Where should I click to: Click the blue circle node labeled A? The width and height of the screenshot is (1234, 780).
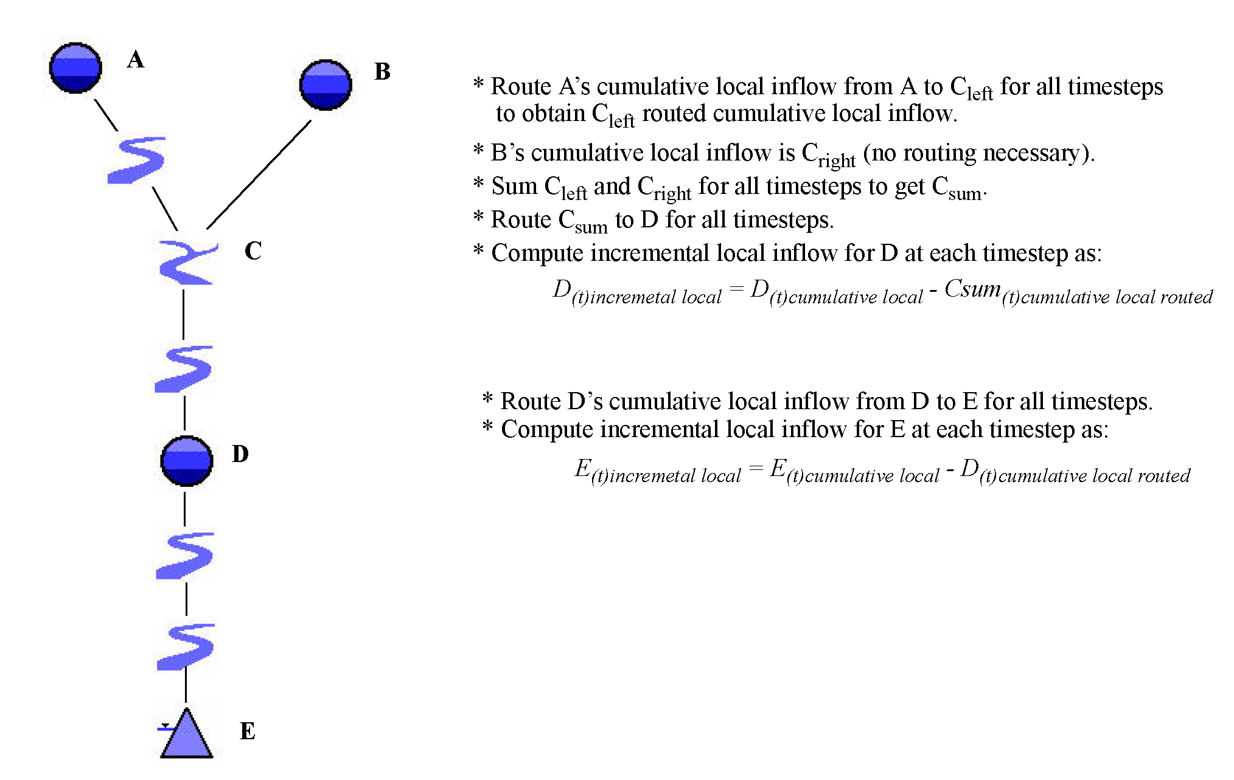[75, 68]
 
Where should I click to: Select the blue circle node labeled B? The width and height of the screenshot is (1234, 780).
[326, 85]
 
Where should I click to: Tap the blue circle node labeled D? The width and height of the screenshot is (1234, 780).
[187, 461]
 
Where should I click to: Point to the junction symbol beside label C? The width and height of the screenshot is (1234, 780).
[187, 263]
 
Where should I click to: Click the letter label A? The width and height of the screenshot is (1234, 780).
[136, 60]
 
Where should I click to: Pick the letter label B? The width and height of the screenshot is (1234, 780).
[382, 72]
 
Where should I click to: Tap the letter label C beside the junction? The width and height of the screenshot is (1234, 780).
[253, 250]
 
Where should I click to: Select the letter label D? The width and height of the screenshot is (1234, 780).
[240, 454]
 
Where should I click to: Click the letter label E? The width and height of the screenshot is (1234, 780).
[248, 731]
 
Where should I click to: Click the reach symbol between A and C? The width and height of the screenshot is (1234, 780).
[136, 160]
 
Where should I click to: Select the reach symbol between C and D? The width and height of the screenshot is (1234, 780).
[184, 368]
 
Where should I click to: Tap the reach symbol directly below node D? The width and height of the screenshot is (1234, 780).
[185, 555]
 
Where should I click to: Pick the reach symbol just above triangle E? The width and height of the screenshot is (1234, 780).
[186, 646]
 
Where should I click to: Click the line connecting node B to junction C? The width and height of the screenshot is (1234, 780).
[259, 175]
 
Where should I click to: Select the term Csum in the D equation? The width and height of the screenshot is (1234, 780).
[972, 289]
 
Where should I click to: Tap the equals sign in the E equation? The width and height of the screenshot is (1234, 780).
[756, 468]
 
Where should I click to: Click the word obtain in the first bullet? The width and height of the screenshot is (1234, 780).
[554, 114]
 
